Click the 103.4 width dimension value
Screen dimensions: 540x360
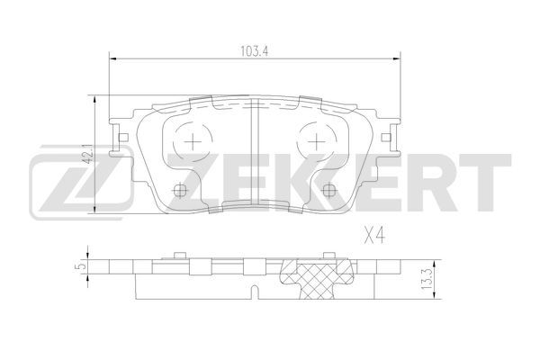coord(254,51)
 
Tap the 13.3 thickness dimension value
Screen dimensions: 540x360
coord(427,278)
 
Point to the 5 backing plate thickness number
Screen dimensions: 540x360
coord(82,266)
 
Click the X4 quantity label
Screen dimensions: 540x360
coord(374,237)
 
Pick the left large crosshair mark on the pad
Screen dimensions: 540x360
coord(193,141)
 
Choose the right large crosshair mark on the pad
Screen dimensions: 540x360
coord(316,141)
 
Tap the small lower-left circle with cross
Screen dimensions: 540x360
coord(179,190)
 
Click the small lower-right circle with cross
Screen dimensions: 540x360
coord(328,190)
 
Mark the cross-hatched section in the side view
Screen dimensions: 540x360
coord(317,278)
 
